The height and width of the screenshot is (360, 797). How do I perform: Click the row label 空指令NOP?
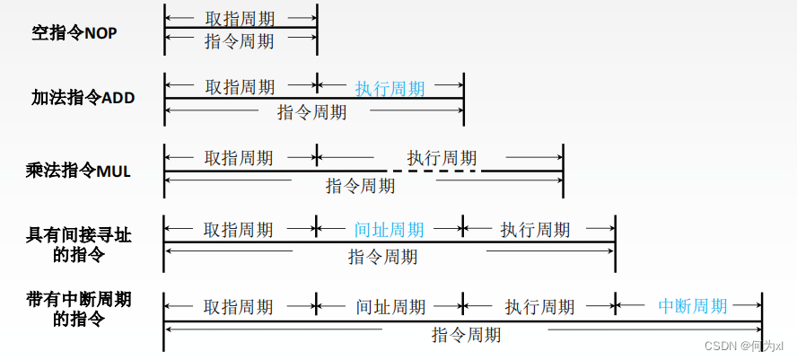[x=74, y=34]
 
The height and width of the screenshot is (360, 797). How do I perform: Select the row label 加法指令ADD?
[x=83, y=98]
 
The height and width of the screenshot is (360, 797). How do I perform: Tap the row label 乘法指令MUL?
[x=79, y=169]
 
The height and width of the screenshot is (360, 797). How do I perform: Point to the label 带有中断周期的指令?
[x=79, y=308]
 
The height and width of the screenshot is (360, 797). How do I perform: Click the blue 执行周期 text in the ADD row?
[x=390, y=88]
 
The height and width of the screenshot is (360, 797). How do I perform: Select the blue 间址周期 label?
[x=390, y=229]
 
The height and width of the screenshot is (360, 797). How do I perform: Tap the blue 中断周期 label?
[x=692, y=305]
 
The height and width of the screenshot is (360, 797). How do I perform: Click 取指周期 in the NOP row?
[x=240, y=17]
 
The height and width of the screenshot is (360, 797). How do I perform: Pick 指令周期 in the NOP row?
[x=240, y=40]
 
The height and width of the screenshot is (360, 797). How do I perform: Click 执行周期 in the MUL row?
[x=442, y=157]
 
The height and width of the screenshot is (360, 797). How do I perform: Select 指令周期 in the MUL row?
[x=360, y=186]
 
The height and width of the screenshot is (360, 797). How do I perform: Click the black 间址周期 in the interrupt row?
[x=390, y=306]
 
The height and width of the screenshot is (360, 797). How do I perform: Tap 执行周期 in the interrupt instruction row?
[x=539, y=306]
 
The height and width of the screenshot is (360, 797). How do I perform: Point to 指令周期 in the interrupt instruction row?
[x=466, y=335]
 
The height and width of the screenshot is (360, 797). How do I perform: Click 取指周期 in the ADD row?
[x=240, y=87]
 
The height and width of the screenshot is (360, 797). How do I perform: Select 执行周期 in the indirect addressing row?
[x=535, y=229]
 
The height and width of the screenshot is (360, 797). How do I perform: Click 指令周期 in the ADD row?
[x=311, y=112]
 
